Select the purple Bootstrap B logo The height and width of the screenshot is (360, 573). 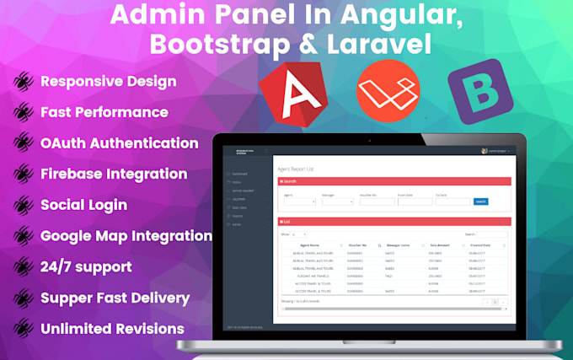tap(479, 92)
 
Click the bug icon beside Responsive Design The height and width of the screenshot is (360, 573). tap(23, 82)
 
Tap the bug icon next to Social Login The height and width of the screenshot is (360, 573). tap(23, 205)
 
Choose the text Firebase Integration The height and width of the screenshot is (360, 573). tap(114, 174)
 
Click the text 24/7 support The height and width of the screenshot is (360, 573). tap(86, 266)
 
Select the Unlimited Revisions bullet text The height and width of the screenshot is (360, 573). tap(112, 328)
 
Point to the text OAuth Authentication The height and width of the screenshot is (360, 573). tap(119, 143)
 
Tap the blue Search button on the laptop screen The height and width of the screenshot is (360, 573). tap(481, 201)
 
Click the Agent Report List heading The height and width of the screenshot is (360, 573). tap(297, 169)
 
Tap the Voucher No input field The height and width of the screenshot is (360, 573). tap(377, 201)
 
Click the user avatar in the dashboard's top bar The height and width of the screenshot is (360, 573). tap(485, 151)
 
